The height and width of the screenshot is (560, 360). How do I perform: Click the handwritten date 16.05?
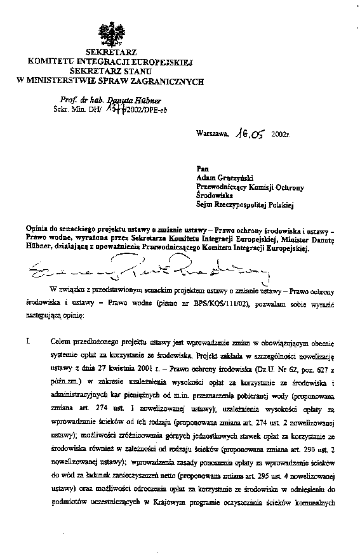pos(250,135)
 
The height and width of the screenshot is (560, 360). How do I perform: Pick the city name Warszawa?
pos(213,135)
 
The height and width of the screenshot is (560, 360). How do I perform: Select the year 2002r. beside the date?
pos(280,135)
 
